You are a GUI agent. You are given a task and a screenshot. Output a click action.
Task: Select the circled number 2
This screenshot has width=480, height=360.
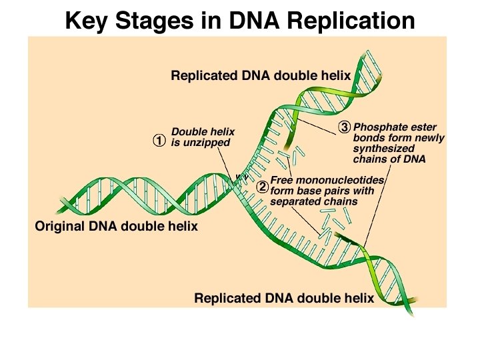pyautogui.click(x=263, y=187)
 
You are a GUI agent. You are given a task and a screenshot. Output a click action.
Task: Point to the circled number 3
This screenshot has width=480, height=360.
pyautogui.click(x=344, y=127)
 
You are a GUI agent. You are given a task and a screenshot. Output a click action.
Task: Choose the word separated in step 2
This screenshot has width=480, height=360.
pyautogui.click(x=296, y=201)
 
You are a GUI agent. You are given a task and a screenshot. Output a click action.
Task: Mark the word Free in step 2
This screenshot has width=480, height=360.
pyautogui.click(x=283, y=180)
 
